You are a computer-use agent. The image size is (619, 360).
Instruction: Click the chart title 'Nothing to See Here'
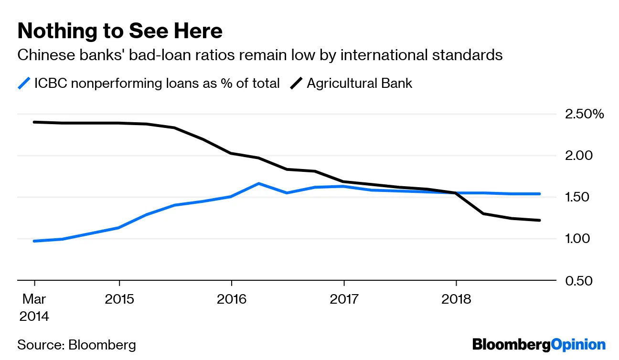coord(120,32)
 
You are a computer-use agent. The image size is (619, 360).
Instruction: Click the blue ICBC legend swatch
coord(24,84)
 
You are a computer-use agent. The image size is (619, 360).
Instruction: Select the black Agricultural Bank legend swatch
coord(297,84)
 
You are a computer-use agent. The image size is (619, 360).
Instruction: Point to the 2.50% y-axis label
coord(585,115)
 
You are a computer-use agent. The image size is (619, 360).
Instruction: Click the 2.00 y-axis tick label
coord(579,156)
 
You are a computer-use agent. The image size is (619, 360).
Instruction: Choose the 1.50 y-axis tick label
coord(579,197)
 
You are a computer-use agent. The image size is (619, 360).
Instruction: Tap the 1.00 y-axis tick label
coord(579,239)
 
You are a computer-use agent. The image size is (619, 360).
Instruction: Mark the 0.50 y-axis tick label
coord(579,280)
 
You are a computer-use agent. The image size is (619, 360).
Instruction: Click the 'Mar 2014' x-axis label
coord(34,307)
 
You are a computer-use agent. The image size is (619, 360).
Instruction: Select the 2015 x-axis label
coord(119,299)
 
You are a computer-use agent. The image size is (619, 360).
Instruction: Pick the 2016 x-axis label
coord(232,299)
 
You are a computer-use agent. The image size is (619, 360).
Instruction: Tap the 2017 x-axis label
coord(344,299)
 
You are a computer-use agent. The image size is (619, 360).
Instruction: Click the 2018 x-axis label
coord(456,299)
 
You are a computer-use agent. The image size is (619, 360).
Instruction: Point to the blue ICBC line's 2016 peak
coord(258,183)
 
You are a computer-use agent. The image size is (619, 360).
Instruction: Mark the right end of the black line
coord(540,220)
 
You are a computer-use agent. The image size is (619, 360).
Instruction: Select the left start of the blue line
coord(34,241)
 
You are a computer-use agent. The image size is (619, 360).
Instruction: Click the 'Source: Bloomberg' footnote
coord(76,345)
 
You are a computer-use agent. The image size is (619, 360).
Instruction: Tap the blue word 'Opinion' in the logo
coord(578,344)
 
